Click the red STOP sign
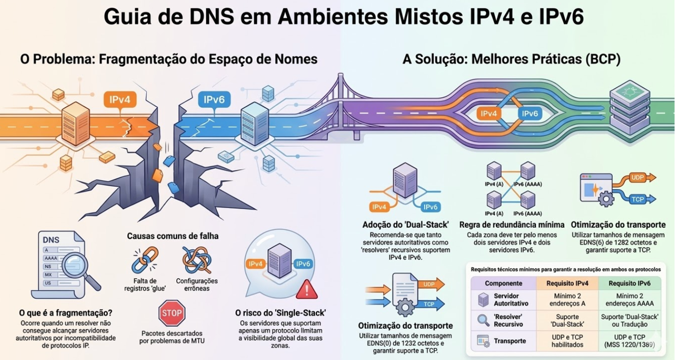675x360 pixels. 172,313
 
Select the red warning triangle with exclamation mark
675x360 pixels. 304,291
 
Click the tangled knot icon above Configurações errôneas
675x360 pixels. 197,260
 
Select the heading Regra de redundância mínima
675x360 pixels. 512,224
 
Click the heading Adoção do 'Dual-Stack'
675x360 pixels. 405,224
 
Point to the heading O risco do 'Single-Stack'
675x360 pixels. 280,313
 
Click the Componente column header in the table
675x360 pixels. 503,283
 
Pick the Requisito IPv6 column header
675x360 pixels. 629,283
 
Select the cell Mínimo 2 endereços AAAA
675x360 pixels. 629,300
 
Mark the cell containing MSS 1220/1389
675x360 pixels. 629,345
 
